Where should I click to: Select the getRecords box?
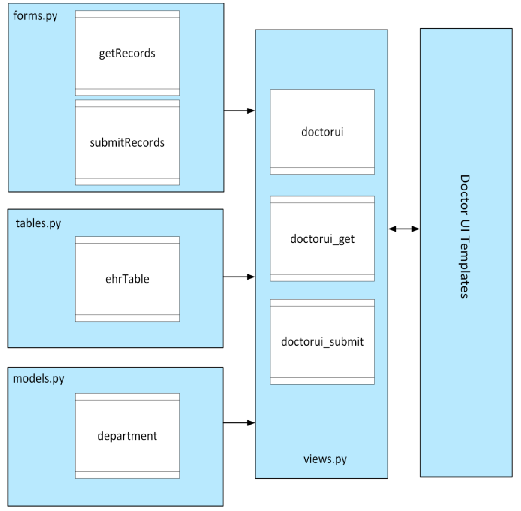(x=127, y=53)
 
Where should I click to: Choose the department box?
(x=127, y=436)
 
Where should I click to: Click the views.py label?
(x=325, y=459)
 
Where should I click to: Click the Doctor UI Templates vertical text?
(x=465, y=236)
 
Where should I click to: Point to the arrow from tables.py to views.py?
(x=239, y=277)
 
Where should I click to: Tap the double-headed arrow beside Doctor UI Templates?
(x=404, y=229)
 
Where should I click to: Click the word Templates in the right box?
(x=465, y=267)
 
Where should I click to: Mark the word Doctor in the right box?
(x=465, y=195)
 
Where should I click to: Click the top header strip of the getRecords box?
(x=127, y=14)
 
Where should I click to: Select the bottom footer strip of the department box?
(x=127, y=475)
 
